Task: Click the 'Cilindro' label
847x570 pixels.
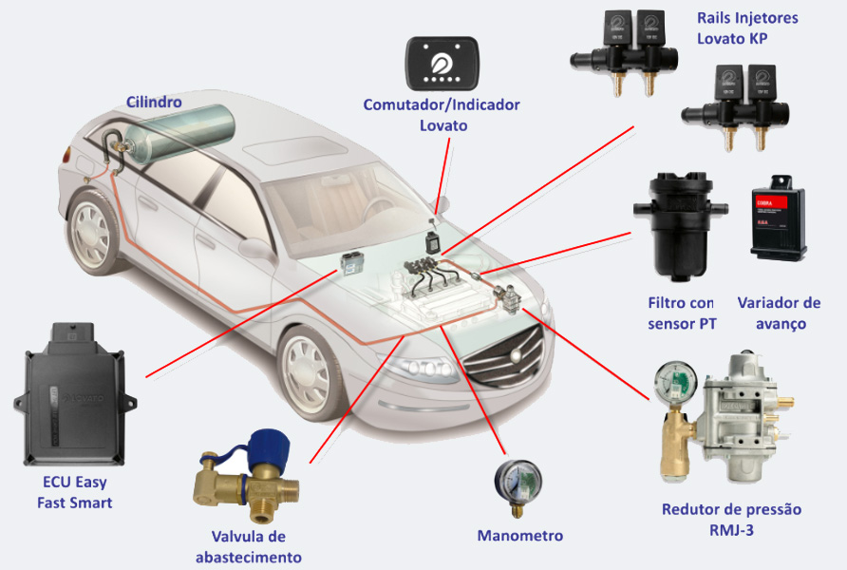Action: click(154, 102)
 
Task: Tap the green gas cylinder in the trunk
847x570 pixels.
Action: click(180, 136)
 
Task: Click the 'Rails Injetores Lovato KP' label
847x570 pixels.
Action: click(747, 28)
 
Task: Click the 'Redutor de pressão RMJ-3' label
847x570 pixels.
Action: click(731, 520)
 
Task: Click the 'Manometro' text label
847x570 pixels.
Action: click(519, 536)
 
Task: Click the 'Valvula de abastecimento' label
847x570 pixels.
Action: click(249, 547)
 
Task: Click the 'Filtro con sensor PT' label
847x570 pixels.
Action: click(680, 313)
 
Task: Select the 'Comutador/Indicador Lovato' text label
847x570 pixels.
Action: click(442, 114)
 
